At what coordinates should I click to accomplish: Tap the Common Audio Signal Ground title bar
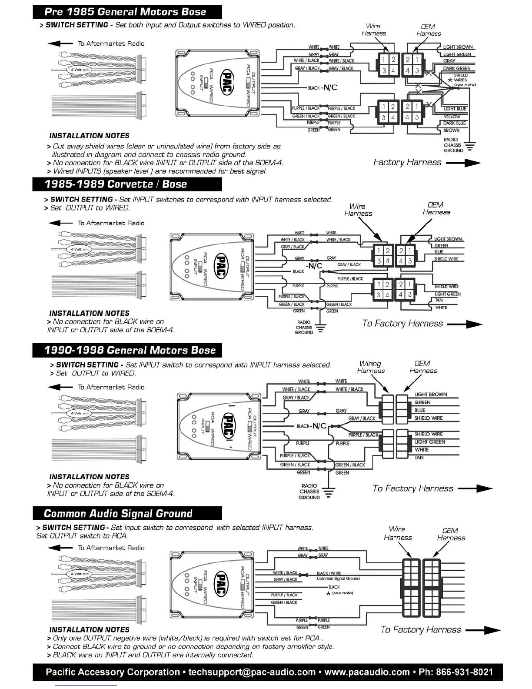(118, 513)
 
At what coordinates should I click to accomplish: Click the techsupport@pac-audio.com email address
(252, 672)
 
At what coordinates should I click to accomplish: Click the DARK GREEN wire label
(457, 68)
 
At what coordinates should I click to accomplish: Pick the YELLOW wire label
(452, 117)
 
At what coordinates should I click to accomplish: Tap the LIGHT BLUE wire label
(455, 109)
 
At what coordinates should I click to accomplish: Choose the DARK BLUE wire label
(455, 123)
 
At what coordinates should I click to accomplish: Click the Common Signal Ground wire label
(338, 579)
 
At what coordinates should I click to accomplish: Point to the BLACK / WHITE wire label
(329, 573)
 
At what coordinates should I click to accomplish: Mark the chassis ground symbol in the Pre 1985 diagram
(470, 146)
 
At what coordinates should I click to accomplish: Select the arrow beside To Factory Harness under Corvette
(465, 324)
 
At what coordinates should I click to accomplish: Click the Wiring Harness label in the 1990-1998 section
(371, 367)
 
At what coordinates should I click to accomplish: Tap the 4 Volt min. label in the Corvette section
(80, 249)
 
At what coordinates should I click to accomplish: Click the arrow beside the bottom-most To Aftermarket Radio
(60, 548)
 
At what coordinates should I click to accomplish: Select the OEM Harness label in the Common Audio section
(451, 534)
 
